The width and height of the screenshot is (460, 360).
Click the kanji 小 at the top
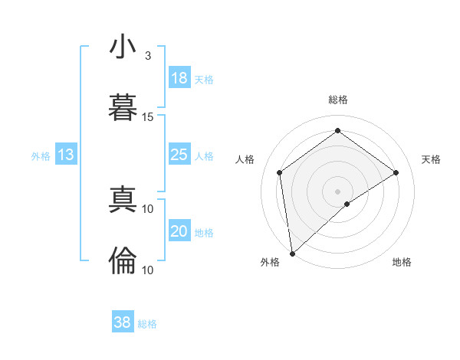123,47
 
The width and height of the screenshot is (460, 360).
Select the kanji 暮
123,107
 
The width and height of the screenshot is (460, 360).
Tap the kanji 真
123,200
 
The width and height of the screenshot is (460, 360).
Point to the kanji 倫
123,261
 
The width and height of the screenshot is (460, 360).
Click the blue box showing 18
179,78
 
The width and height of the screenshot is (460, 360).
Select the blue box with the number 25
179,155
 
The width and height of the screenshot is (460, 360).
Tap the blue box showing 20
179,231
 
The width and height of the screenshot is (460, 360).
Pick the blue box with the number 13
66,155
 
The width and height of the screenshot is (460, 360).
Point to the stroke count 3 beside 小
148,56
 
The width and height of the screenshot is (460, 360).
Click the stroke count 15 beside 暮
148,117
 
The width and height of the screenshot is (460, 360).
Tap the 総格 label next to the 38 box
147,324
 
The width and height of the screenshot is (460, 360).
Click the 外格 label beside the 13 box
41,156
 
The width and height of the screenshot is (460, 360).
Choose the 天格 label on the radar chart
431,159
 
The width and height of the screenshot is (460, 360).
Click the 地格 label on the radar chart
402,262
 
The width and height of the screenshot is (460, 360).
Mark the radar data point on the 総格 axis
337,131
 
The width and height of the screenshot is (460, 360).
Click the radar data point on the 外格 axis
292,253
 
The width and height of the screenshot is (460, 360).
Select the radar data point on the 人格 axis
280,172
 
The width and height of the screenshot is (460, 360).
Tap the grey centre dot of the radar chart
337,191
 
